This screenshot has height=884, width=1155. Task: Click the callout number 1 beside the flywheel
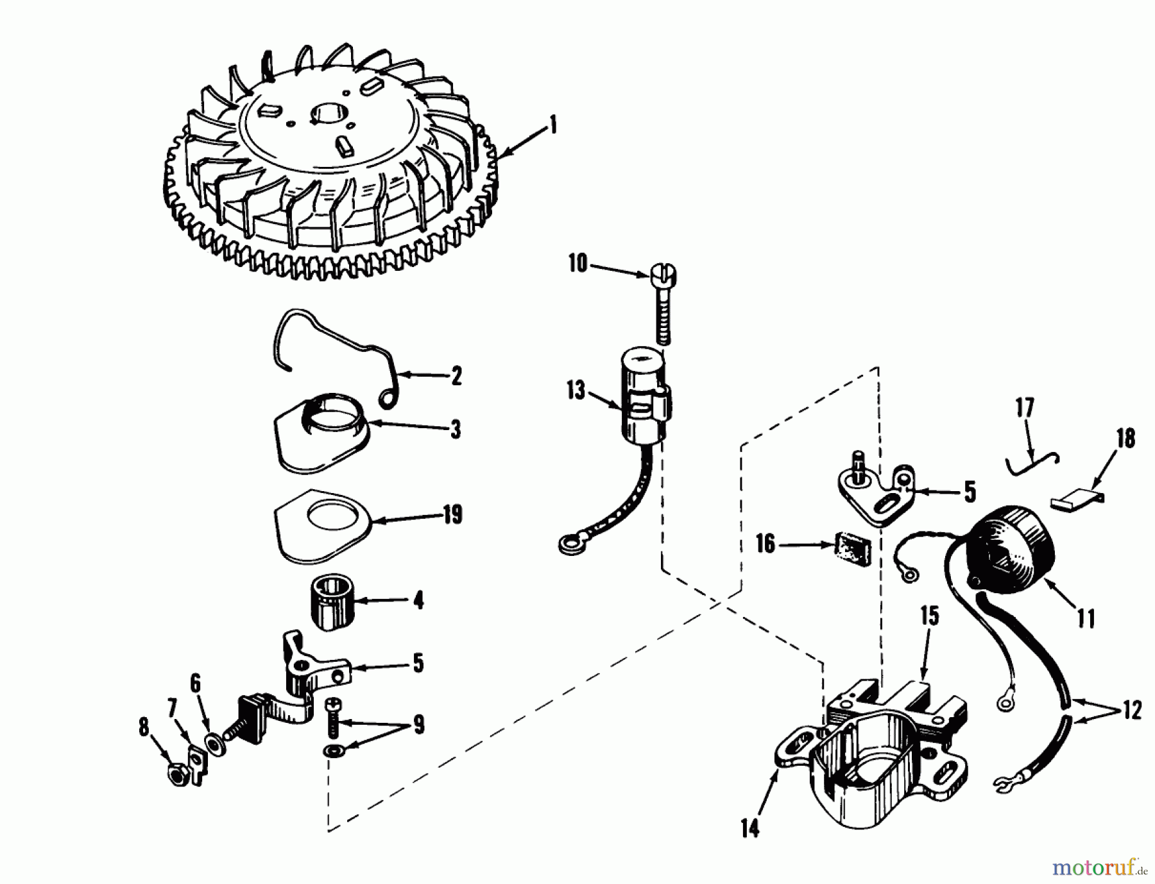pos(552,125)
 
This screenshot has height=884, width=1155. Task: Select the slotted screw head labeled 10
pos(665,277)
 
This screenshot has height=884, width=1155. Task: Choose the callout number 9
pos(418,725)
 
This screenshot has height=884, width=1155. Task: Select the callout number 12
pos(1132,710)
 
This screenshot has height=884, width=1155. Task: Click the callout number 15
pos(930,615)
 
